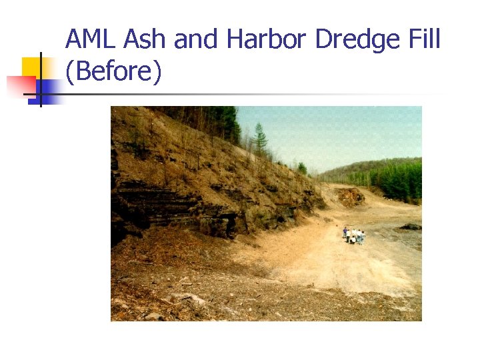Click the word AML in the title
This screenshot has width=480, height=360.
(91, 40)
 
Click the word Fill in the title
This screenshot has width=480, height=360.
(423, 40)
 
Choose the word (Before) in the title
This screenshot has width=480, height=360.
(113, 72)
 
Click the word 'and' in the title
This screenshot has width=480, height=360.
(197, 40)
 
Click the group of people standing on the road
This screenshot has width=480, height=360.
(353, 235)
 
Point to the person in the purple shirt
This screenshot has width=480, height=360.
(345, 233)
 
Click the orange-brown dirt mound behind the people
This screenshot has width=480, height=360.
(351, 196)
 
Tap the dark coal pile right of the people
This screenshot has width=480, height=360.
(411, 227)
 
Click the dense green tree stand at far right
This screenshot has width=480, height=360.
(400, 180)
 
